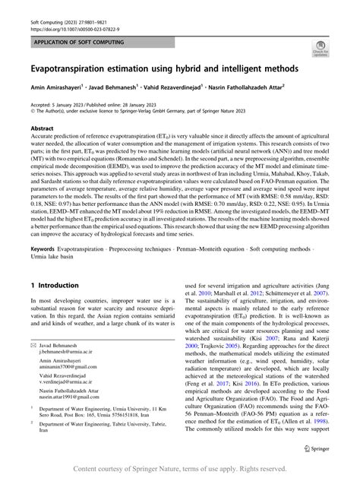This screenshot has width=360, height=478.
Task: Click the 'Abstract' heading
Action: pos(42,130)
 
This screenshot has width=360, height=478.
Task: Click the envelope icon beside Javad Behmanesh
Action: pos(33,346)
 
